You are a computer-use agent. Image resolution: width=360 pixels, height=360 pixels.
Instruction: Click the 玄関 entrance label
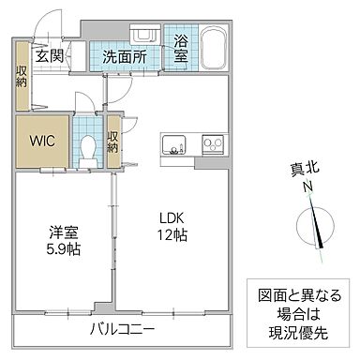point(49,55)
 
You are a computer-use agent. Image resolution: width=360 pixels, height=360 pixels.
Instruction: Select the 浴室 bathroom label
point(180,49)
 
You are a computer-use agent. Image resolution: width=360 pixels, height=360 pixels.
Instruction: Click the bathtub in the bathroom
point(213,46)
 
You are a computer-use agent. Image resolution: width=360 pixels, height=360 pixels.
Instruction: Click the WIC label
point(38,142)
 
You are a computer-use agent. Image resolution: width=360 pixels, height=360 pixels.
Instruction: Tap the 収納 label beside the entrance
point(22,78)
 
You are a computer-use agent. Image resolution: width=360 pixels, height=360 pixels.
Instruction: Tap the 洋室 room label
point(64,232)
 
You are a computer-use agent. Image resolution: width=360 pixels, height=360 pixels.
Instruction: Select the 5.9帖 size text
point(64,249)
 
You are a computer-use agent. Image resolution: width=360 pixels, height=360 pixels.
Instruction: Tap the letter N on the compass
point(307,187)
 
